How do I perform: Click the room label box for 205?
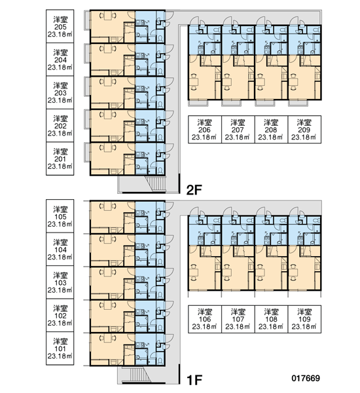point(60,26)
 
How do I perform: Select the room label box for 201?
point(60,159)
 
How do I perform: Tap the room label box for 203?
point(60,92)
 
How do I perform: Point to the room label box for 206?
point(205,129)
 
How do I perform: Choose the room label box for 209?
point(304,129)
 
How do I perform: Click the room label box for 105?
point(60,216)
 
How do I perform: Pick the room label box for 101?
point(60,348)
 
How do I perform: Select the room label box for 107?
point(238,319)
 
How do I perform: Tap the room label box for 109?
point(304,319)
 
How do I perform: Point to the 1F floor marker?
point(194,380)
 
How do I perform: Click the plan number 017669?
point(306,378)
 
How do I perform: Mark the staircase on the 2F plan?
point(156,183)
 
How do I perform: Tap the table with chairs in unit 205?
point(108,16)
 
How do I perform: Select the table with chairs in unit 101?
point(108,339)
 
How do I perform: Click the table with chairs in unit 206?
point(194,81)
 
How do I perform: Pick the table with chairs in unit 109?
point(294,272)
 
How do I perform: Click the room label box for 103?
point(60,282)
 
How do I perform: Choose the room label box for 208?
point(272,129)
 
